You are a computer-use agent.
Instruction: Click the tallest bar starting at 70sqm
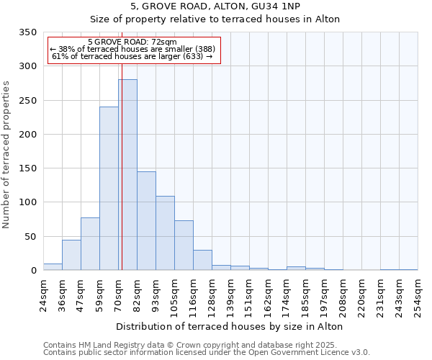click(x=127, y=175)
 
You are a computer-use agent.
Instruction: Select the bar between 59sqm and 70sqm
click(x=109, y=189)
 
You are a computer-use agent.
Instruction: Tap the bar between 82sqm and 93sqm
click(x=146, y=221)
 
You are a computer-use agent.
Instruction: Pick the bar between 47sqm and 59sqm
click(x=90, y=244)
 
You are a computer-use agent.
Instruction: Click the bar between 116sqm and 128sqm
click(x=202, y=260)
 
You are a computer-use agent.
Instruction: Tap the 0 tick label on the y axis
click(x=33, y=271)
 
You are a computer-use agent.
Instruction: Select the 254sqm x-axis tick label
click(x=418, y=294)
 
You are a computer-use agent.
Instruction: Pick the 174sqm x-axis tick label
click(x=287, y=294)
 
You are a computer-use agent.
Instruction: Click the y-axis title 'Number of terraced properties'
click(x=7, y=155)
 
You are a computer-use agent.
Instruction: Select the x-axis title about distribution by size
click(x=229, y=326)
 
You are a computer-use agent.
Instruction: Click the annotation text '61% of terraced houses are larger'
click(x=132, y=56)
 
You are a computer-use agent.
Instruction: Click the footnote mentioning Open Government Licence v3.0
click(x=207, y=352)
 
